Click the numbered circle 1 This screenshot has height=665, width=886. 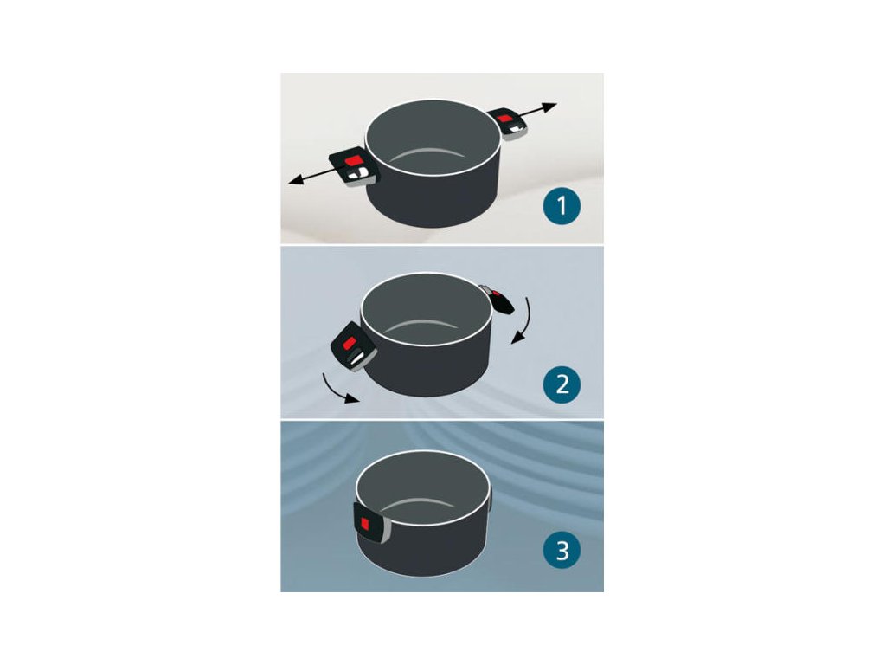point(562,206)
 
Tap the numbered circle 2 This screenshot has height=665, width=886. point(562,384)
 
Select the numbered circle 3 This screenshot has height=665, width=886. point(562,550)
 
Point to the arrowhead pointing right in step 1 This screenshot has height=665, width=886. point(549,107)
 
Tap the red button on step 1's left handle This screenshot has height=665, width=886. point(353,160)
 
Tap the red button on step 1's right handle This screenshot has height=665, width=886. point(505,117)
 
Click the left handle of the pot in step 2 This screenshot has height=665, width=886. point(354,346)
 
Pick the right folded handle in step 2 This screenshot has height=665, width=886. point(498,299)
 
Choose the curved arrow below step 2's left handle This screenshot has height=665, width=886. point(339,388)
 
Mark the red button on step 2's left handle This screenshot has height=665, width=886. point(350,343)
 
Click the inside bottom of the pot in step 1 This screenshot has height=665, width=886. point(431,162)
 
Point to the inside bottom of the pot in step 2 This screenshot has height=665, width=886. point(425,332)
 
